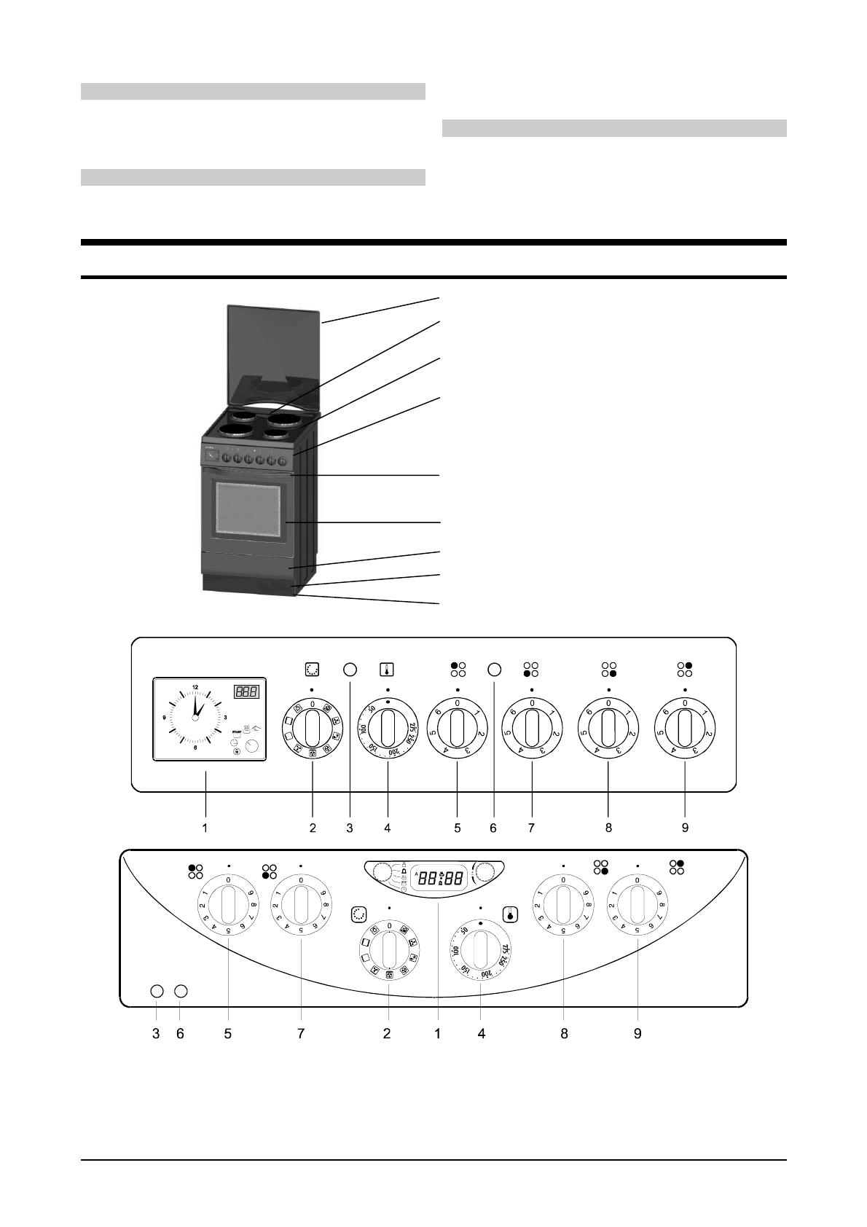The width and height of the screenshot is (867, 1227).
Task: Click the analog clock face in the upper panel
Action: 195,718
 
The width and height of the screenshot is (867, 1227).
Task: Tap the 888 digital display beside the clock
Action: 246,691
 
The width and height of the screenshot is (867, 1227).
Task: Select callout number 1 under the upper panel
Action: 205,828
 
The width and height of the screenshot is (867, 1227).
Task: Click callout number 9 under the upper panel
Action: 685,828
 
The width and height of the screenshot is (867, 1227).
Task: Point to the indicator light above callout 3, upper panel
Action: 350,669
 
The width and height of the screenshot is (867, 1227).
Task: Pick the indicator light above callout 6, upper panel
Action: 494,669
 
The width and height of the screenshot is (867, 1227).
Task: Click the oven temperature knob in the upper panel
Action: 388,728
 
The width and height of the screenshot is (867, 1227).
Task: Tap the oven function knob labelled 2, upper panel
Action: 313,728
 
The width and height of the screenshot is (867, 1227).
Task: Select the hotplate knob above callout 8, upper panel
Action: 608,728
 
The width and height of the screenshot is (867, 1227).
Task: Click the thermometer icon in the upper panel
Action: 387,669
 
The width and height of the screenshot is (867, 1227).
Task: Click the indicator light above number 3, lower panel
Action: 156,991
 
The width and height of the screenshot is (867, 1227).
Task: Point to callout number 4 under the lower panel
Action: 482,1033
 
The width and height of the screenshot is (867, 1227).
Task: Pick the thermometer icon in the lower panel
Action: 510,914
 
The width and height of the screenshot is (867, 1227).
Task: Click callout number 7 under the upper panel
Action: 532,828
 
